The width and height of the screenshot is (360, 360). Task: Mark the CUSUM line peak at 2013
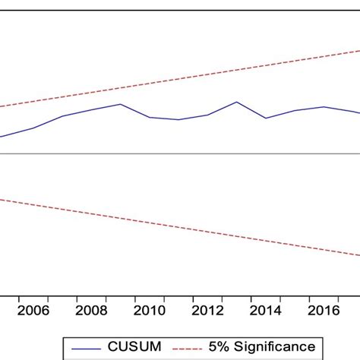[x=237, y=102]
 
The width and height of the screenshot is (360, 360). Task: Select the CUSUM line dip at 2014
[x=266, y=118]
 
